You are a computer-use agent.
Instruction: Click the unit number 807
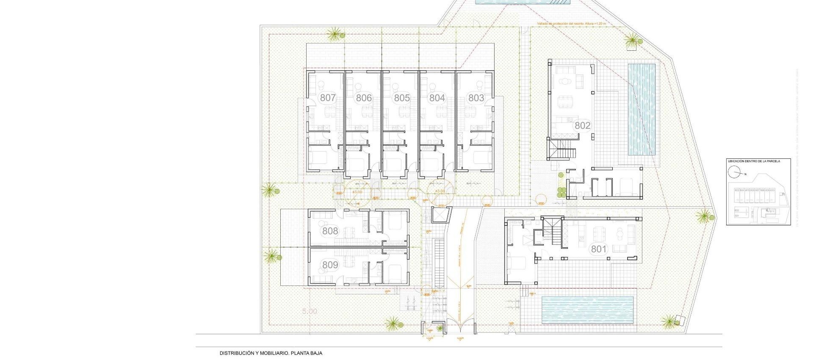click(x=328, y=98)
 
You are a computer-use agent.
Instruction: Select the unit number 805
click(x=402, y=98)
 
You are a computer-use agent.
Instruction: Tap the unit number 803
click(x=476, y=98)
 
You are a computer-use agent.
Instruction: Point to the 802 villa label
click(x=582, y=125)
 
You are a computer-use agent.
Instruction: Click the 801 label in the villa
click(x=599, y=249)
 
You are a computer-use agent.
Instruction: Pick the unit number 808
click(x=330, y=231)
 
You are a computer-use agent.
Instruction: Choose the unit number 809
click(x=330, y=265)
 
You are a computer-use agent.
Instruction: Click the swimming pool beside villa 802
click(x=641, y=109)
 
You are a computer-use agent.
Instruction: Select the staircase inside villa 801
click(x=552, y=232)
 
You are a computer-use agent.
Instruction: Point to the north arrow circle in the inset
click(x=734, y=173)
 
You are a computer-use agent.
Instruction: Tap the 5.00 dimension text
click(x=310, y=311)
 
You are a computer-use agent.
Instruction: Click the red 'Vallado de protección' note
click(x=571, y=24)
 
